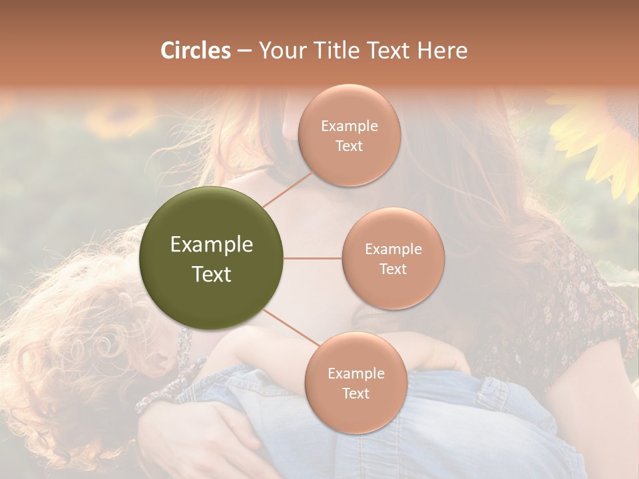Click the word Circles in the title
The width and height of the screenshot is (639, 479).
(x=196, y=51)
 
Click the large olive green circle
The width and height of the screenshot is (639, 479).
(x=212, y=258)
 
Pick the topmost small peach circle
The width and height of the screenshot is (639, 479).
(x=349, y=135)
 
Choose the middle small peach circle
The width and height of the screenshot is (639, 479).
(x=393, y=258)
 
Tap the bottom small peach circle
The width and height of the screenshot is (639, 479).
(x=355, y=383)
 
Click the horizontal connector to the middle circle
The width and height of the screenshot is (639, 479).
(x=313, y=258)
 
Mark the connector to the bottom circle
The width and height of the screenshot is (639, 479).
(x=291, y=329)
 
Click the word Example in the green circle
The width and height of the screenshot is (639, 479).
(x=212, y=245)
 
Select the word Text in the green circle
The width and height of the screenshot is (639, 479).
(x=212, y=274)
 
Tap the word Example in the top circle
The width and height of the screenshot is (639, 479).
(x=349, y=126)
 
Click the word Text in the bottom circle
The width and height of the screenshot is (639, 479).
(x=355, y=394)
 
